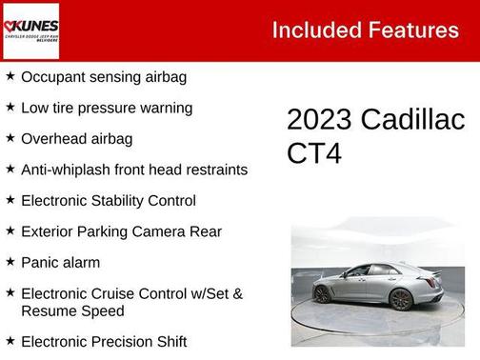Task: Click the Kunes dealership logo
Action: tap(30, 30)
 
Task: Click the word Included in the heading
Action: tap(313, 30)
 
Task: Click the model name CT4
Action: tap(314, 152)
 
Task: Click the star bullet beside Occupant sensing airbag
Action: tap(10, 76)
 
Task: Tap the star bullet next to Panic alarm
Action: tap(10, 262)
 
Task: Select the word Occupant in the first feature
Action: tap(54, 77)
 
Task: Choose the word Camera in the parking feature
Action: tap(165, 231)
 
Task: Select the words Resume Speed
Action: tap(72, 310)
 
